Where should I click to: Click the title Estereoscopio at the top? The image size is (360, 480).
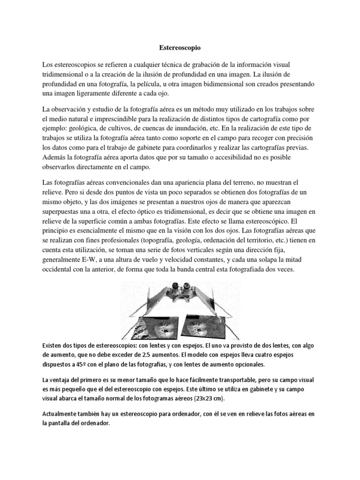point(180,47)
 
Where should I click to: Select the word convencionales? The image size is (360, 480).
point(123,181)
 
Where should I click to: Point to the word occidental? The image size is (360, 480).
point(60,271)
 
